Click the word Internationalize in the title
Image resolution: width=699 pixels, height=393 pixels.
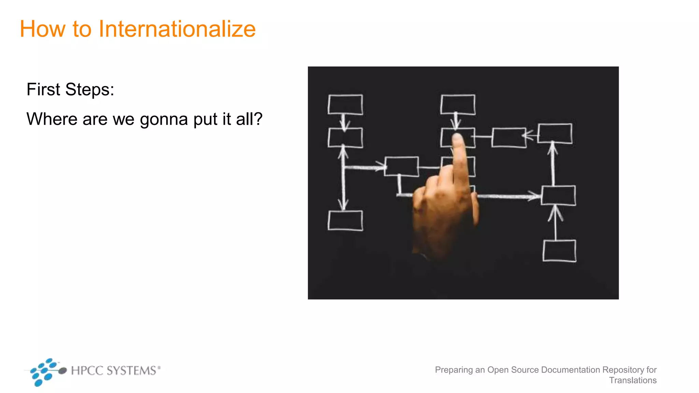click(177, 29)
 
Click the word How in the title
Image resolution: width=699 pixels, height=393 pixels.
click(42, 29)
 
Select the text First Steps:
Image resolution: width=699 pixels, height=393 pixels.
click(70, 89)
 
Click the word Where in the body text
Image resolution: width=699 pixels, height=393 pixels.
click(52, 119)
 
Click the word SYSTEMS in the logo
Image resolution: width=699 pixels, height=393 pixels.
click(131, 370)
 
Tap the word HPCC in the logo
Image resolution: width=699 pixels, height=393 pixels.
click(87, 370)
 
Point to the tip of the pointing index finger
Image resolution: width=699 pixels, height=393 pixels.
click(457, 137)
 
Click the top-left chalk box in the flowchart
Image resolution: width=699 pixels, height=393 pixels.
click(345, 104)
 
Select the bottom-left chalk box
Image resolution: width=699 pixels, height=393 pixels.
click(345, 221)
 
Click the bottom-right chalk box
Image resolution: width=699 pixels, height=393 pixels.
click(559, 251)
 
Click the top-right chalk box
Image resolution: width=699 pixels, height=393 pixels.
click(555, 133)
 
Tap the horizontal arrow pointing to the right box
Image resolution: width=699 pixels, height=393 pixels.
click(509, 196)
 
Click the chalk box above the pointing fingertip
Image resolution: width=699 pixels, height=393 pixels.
click(458, 104)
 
